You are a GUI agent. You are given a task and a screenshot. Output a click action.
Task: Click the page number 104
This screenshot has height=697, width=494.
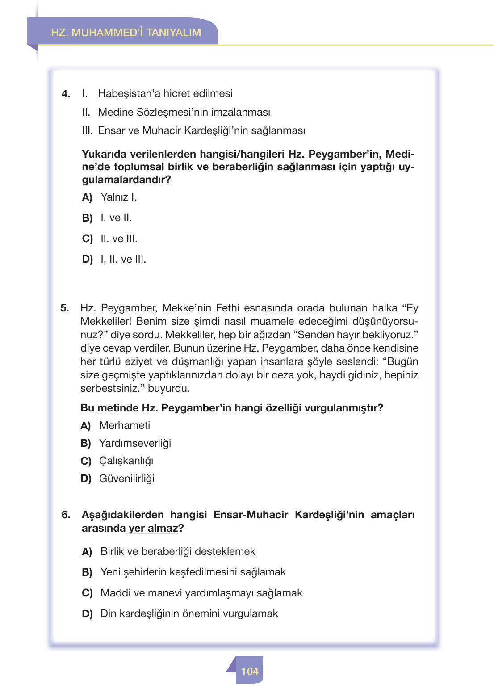coord(250,671)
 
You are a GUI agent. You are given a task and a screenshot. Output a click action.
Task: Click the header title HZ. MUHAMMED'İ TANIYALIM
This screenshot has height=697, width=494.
coord(126,33)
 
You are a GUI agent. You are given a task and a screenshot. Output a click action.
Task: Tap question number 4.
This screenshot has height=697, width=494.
coord(66,94)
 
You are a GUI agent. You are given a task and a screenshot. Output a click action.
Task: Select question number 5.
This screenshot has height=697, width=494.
coord(65,308)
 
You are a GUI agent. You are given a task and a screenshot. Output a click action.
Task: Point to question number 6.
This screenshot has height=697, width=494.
coord(66,515)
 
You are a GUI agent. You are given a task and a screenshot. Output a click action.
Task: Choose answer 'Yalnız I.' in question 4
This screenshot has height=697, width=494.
coord(118,197)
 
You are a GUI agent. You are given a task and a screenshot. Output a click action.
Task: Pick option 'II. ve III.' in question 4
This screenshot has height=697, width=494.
coord(118,239)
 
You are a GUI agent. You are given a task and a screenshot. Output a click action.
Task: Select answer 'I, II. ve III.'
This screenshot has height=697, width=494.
coord(123,259)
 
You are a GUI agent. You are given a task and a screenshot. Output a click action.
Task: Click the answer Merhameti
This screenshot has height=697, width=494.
coord(124,425)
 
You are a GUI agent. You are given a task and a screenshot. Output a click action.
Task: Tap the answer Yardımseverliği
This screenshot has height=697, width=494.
coord(135,443)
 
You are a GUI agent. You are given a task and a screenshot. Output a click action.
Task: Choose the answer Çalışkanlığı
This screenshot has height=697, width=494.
coord(126,461)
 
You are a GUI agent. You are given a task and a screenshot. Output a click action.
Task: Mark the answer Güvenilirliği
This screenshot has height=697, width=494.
coord(126,479)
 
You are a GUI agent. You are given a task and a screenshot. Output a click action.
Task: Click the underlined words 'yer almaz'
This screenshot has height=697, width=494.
coord(153,528)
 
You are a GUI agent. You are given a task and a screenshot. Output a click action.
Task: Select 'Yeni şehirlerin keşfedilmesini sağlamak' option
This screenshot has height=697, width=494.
coord(193,572)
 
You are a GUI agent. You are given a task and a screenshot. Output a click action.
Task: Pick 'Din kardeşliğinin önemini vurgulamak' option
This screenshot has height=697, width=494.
coord(189,613)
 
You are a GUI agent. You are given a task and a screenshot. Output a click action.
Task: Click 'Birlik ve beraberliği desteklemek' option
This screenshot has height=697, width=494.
coord(178,551)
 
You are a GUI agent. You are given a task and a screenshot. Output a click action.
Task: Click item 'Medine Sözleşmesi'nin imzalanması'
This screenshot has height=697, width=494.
coord(184,112)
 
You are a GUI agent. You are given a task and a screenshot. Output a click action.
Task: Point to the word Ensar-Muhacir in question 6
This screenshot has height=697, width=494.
coord(251,515)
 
